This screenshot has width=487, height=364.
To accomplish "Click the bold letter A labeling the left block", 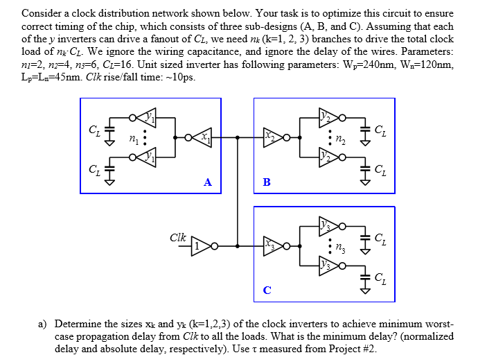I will tap(207, 182).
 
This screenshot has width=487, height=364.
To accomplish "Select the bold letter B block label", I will tap(267, 182).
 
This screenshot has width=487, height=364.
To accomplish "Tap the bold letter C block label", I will tap(267, 290).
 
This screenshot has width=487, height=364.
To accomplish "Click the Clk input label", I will tap(178, 237).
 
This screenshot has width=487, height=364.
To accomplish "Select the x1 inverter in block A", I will tap(202, 138).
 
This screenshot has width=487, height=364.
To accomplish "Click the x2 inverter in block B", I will tap(270, 138).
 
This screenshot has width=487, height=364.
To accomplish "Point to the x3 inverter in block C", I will tap(270, 245).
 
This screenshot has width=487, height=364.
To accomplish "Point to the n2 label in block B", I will tap(340, 139).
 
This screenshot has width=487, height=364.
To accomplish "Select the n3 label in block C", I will tap(340, 245).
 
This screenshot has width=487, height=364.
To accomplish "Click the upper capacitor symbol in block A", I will tap(107, 130).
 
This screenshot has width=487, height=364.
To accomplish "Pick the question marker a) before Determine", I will tap(42, 324).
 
